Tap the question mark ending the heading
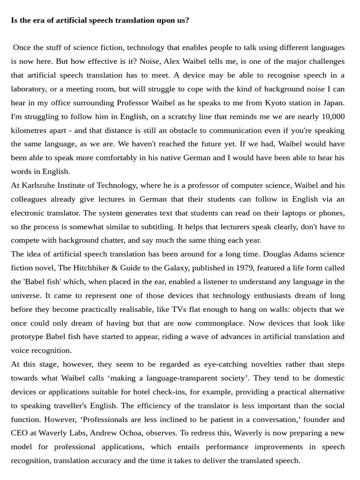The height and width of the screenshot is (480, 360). [187, 20]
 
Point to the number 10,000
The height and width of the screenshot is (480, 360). [333, 116]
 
